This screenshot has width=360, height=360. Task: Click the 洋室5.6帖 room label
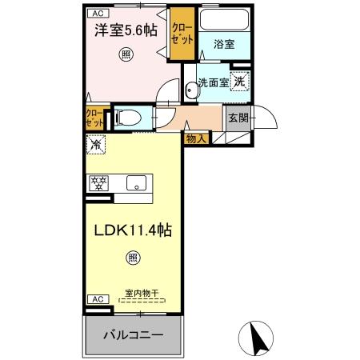tap(126, 31)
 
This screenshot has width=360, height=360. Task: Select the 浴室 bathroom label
tap(224, 45)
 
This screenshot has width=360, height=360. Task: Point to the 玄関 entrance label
tap(238, 118)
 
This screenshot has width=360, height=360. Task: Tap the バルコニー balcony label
tap(134, 334)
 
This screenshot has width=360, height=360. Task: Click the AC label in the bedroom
tap(96, 14)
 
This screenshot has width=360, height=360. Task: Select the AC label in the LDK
tap(96, 298)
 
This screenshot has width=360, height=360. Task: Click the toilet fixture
tap(128, 118)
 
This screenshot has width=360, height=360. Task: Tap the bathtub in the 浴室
tap(224, 22)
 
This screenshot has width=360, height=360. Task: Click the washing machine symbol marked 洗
tap(239, 80)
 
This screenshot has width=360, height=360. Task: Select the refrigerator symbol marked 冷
tap(96, 146)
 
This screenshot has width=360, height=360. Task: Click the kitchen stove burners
tap(99, 182)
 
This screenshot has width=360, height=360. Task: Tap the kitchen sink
tap(136, 182)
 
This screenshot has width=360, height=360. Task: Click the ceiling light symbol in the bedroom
tap(126, 54)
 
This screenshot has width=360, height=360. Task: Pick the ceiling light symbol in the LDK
tap(132, 258)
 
